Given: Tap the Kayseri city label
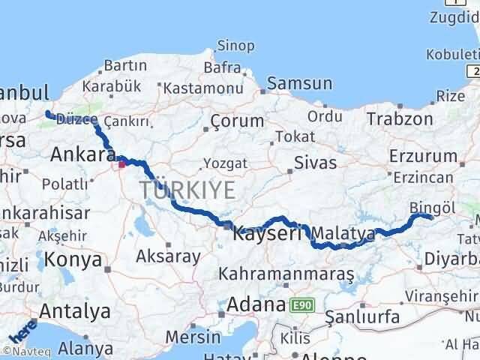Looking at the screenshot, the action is click(266, 232).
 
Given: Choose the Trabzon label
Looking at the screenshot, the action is click(400, 118).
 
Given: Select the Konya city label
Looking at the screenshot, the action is click(73, 259).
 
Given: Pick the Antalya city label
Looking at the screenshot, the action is click(74, 310).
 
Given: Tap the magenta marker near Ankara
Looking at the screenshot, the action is click(122, 162).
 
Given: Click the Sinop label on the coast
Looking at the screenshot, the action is click(234, 46).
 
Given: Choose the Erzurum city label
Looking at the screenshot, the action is click(423, 156).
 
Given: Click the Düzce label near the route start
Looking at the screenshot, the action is click(76, 119).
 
